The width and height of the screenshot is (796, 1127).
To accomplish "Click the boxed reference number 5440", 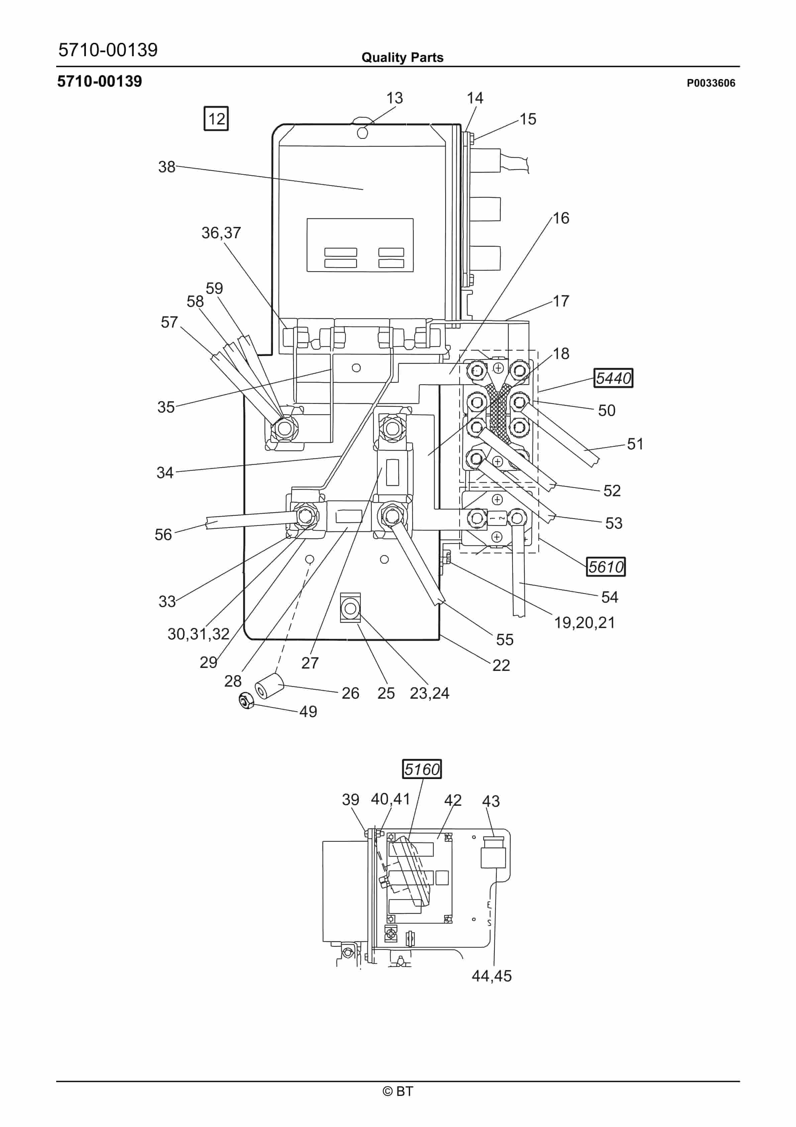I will point(613,378).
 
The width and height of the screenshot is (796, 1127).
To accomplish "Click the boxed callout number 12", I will point(216,119).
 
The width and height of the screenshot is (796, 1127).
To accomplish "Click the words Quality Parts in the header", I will point(402,58).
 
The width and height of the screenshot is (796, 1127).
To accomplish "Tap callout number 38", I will point(166,167).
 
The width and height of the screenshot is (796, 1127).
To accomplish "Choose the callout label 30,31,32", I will point(198,634).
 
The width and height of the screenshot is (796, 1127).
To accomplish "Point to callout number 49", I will point(308,711).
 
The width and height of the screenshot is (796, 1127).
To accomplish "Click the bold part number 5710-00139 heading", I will point(100,82).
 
